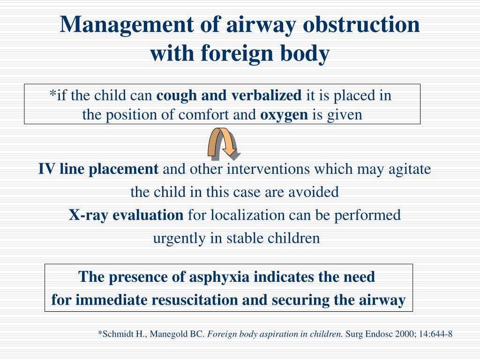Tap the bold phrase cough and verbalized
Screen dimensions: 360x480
pos(229,96)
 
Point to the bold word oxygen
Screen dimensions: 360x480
pos(284,115)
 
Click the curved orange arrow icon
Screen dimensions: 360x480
pos(223,143)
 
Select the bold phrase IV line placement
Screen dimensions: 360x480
pos(98,169)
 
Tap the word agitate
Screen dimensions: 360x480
pos(409,169)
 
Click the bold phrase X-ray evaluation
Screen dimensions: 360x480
pos(127,215)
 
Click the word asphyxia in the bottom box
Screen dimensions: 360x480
pos(219,277)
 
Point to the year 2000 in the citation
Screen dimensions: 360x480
pos(395,334)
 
